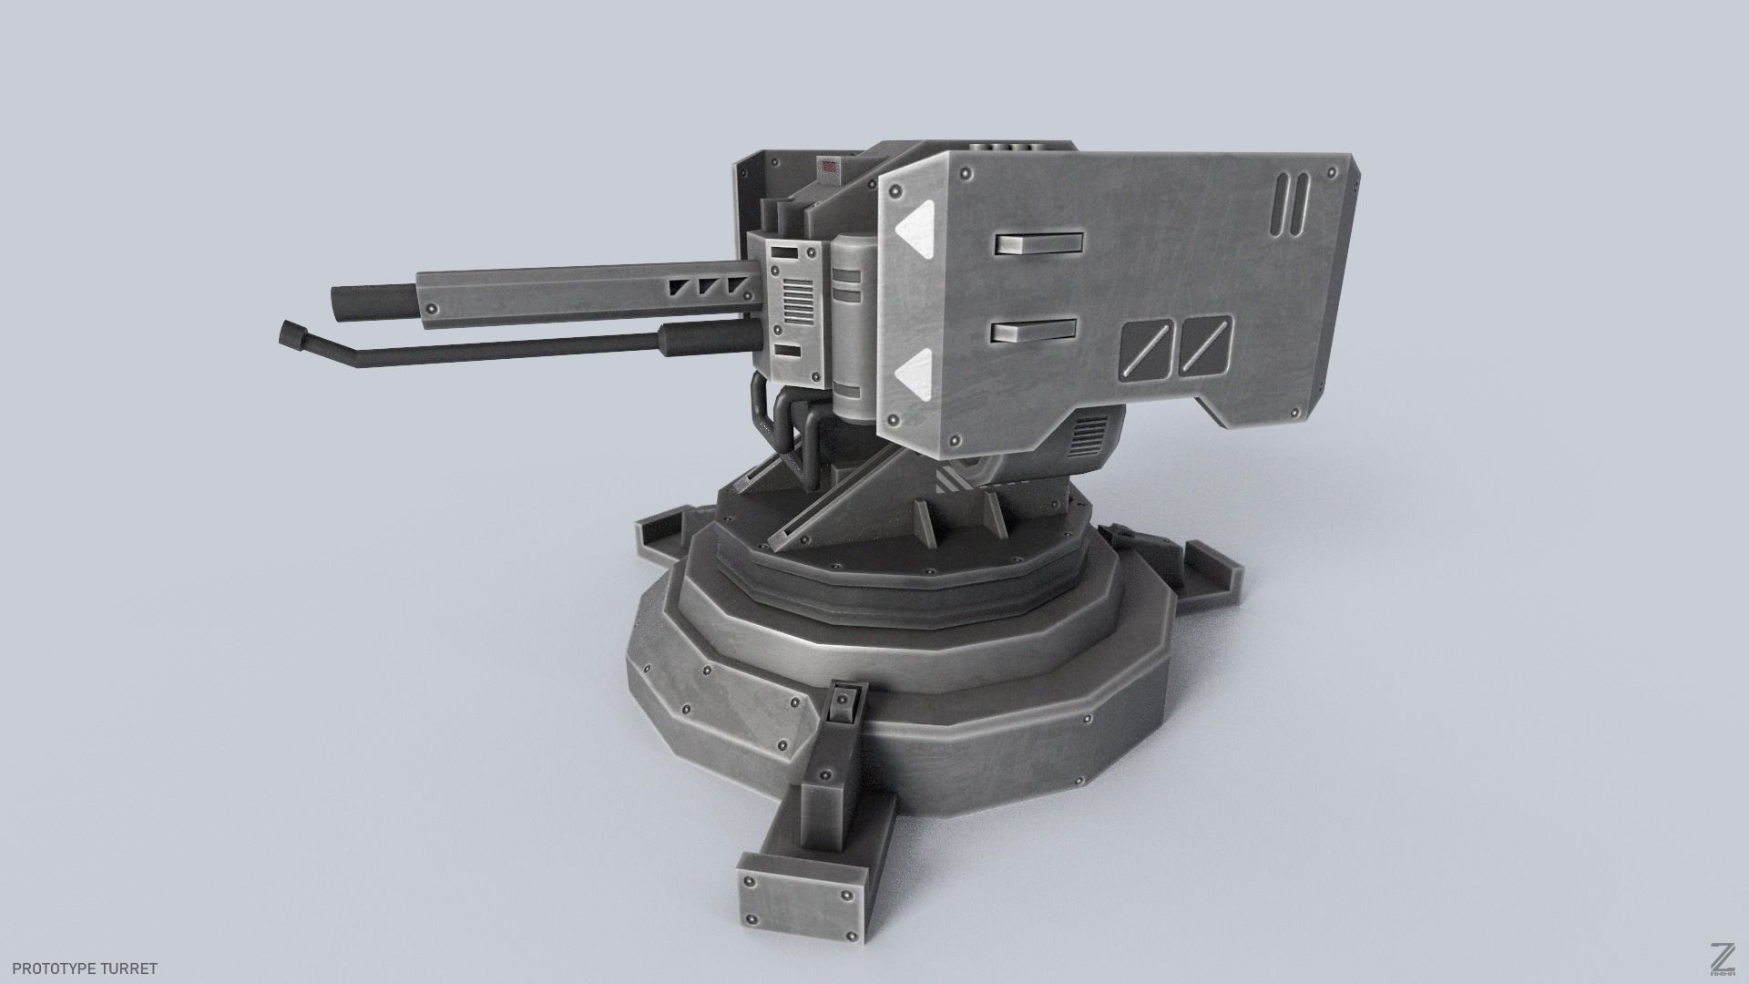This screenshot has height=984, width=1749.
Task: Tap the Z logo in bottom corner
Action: tap(1720, 958)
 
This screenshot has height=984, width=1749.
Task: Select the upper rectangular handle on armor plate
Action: tap(1038, 244)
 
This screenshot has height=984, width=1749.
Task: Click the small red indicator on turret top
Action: tap(829, 167)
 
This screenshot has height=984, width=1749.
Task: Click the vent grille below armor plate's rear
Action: tap(1088, 435)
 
